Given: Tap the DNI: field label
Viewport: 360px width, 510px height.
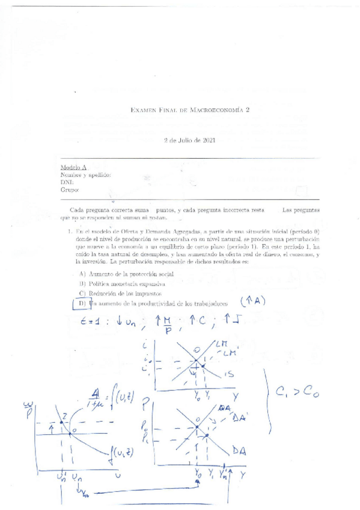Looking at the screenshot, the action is click(67, 182).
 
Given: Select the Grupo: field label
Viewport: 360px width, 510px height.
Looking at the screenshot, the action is click(70, 189).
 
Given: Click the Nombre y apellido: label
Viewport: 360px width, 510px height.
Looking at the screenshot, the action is click(86, 175).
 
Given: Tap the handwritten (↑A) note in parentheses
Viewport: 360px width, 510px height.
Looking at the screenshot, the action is click(252, 301).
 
